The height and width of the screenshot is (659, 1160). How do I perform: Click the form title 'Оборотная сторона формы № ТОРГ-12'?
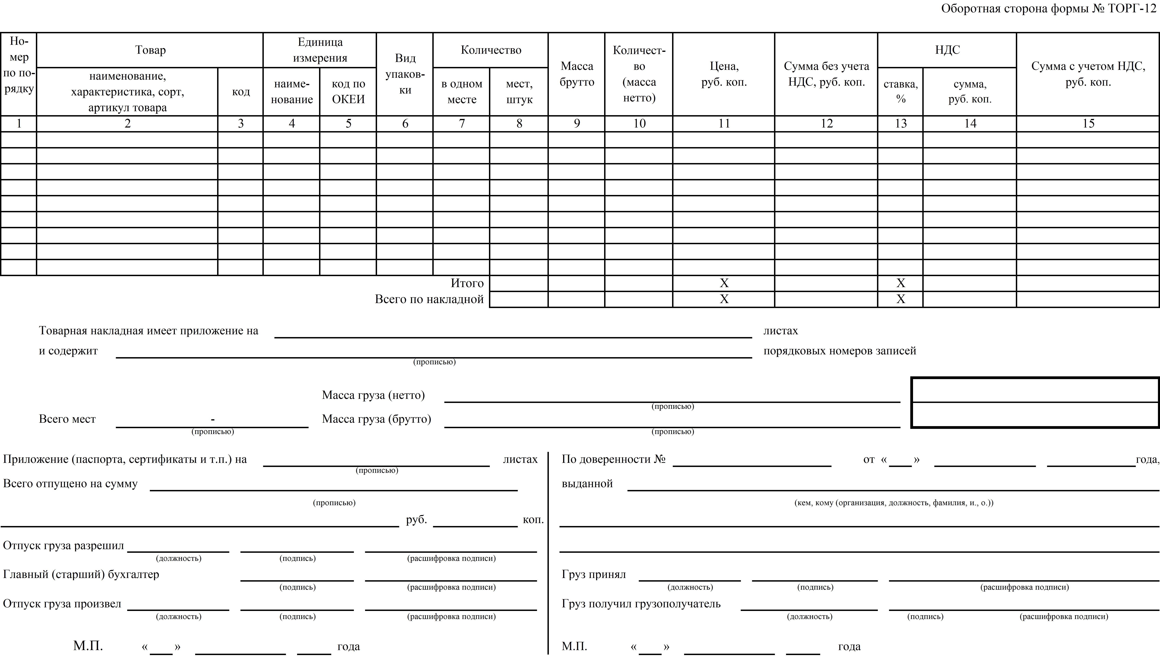pos(1048,9)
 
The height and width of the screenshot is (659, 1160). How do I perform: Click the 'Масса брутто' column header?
pos(577,74)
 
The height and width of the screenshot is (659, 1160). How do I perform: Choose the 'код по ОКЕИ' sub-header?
pos(348,91)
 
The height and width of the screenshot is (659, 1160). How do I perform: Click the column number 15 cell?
pos(1088,124)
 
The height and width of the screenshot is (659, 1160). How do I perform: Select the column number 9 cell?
pos(577,124)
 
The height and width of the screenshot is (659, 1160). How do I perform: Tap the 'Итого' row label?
pos(467,283)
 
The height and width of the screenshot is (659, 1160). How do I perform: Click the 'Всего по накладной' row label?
pos(429,299)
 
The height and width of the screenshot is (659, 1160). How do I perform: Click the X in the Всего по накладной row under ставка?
pos(901,299)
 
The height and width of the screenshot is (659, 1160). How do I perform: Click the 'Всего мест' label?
pos(67,419)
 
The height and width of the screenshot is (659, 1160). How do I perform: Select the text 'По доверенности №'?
pos(613,459)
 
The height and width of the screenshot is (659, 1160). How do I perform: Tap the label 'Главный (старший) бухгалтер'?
pos(81,574)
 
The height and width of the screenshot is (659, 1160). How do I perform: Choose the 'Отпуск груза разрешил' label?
pos(63,545)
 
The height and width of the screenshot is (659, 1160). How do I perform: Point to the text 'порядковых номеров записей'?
pos(840,351)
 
